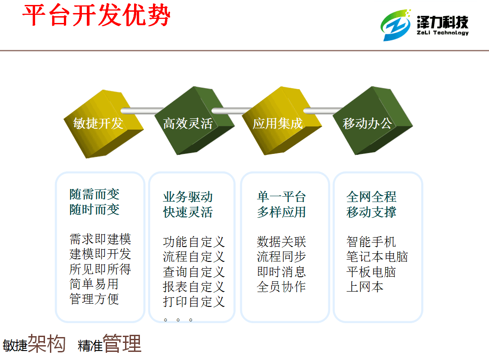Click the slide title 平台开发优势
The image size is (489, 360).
[x=97, y=16]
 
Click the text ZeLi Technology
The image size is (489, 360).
[x=443, y=33]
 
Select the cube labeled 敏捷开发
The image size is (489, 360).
[x=103, y=124]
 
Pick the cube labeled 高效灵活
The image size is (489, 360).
[x=194, y=121]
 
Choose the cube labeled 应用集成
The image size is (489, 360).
[x=282, y=121]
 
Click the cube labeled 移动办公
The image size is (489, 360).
[x=372, y=121]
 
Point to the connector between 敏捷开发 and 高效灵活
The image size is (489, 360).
[x=142, y=111]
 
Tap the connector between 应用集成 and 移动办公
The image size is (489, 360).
[x=323, y=111]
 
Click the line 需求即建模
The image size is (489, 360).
[x=100, y=239]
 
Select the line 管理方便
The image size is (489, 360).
[x=94, y=299]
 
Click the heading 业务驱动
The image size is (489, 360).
[x=188, y=197]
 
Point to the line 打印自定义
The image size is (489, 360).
[x=194, y=301]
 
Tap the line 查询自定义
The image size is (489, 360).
[x=194, y=272]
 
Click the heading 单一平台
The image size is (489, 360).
[x=281, y=197]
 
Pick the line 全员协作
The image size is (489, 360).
[x=281, y=287]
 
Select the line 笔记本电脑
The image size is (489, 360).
[x=377, y=257]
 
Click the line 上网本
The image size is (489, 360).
[x=364, y=287]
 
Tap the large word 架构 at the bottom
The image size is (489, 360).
[x=47, y=343]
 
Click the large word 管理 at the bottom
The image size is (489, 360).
[x=122, y=343]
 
